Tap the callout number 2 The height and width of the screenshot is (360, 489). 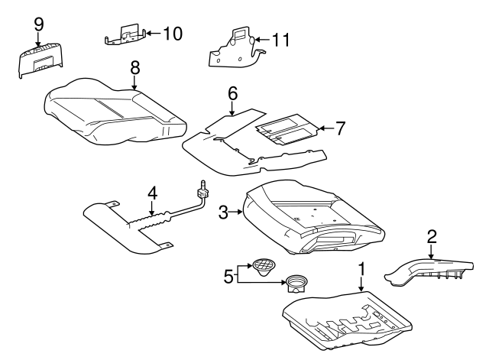pyautogui.click(x=432, y=237)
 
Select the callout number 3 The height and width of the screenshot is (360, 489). pyautogui.click(x=224, y=213)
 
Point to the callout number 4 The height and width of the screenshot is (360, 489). pyautogui.click(x=152, y=193)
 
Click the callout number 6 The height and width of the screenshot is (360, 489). pyautogui.click(x=233, y=93)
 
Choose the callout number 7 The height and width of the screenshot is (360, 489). pyautogui.click(x=340, y=127)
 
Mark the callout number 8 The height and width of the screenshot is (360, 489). pyautogui.click(x=134, y=67)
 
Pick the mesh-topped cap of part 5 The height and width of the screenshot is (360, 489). pyautogui.click(x=264, y=265)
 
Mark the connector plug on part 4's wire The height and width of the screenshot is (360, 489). pyautogui.click(x=203, y=185)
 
